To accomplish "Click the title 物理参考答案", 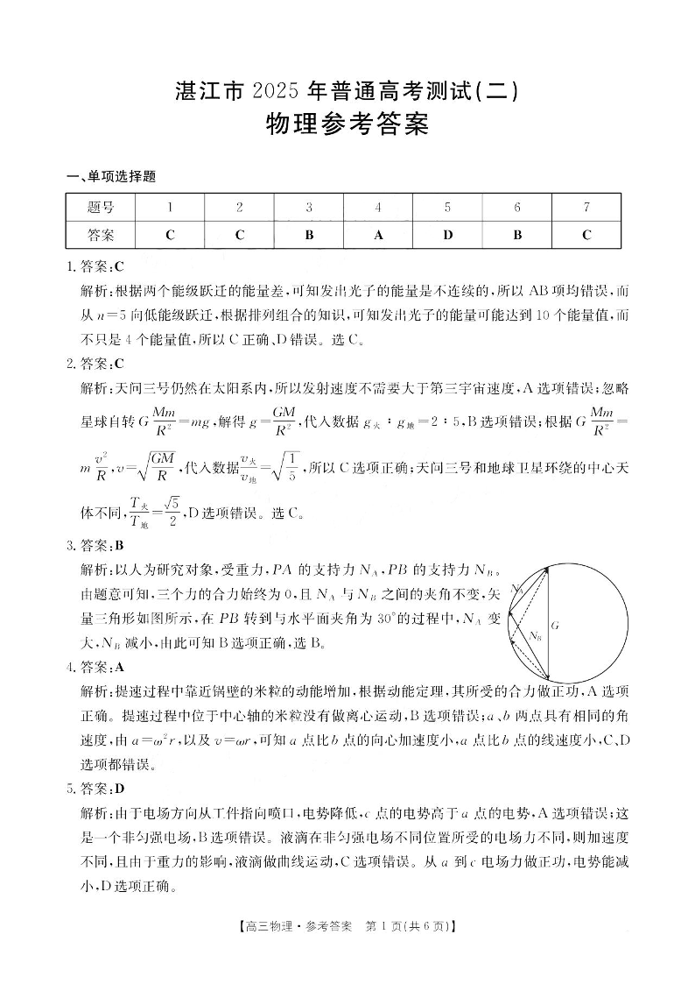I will (x=347, y=124).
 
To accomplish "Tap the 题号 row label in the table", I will (x=101, y=208).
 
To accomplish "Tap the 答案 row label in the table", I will (x=101, y=235).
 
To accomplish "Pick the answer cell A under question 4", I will (x=378, y=235).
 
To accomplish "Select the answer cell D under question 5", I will (x=447, y=235).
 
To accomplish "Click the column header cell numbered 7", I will (x=586, y=208).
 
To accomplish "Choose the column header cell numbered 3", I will (x=309, y=208).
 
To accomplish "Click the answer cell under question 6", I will (x=517, y=235).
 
